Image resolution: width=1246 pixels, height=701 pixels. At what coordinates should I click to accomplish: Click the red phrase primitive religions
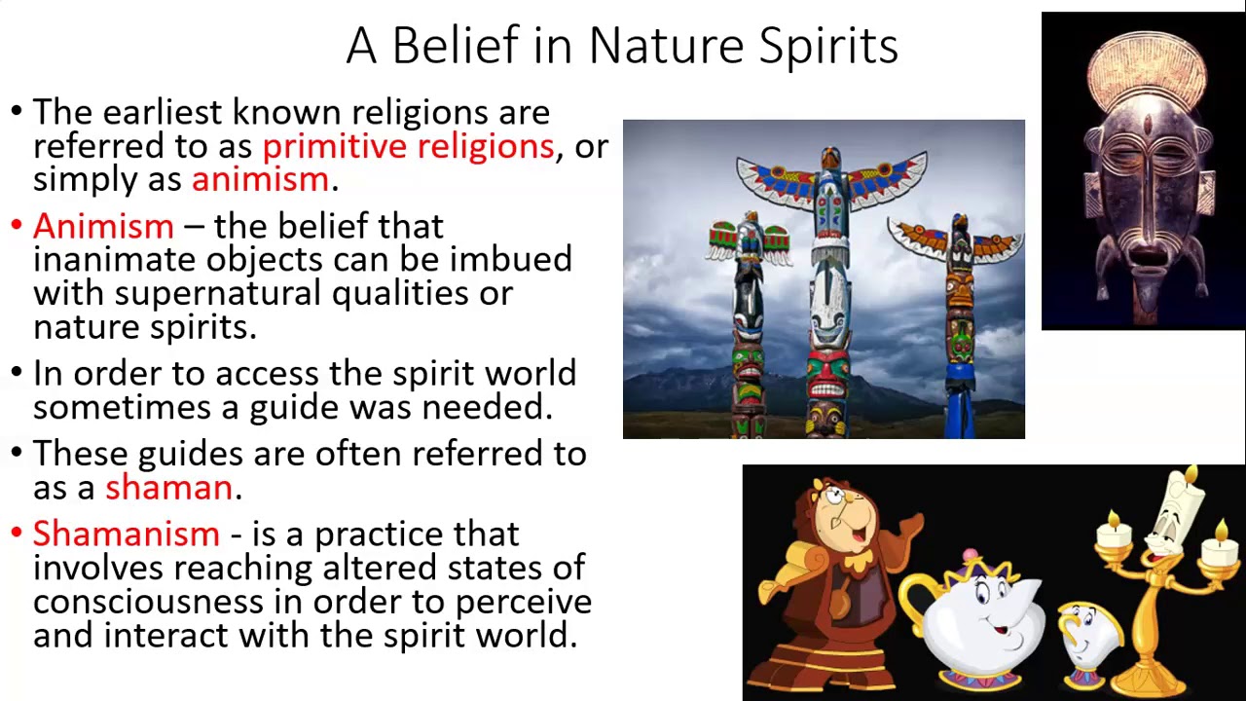click(408, 146)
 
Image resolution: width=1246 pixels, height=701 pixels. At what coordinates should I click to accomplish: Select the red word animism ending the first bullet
click(260, 179)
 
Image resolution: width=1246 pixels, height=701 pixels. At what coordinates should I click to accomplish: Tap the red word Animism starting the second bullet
click(103, 226)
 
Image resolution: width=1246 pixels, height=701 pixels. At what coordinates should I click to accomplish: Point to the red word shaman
click(168, 487)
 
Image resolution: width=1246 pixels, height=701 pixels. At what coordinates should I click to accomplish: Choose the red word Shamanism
click(126, 534)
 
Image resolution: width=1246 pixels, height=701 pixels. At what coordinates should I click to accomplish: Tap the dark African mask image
click(1145, 185)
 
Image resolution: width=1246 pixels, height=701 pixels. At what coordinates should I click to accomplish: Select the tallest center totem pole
click(829, 292)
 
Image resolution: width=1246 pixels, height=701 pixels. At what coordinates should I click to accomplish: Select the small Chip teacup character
click(1085, 638)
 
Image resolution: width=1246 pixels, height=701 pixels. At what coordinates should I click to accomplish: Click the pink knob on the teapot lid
click(970, 556)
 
